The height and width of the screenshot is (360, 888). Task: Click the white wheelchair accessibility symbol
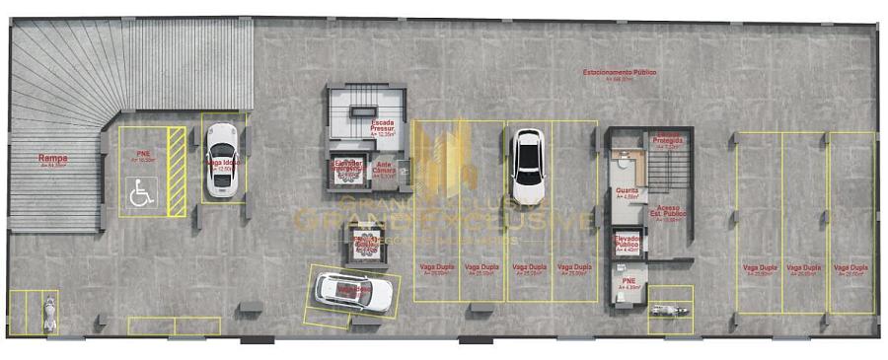[x=142, y=193]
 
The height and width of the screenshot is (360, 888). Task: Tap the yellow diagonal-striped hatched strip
[x=177, y=172]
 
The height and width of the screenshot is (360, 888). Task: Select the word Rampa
[x=53, y=158]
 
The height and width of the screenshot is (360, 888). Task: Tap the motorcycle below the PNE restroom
[x=671, y=311]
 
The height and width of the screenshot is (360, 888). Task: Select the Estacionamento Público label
[x=619, y=73]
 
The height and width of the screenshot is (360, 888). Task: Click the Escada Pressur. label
[x=382, y=126]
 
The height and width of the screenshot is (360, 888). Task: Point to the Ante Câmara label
[x=385, y=167]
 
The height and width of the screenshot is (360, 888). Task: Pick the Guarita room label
[x=627, y=191]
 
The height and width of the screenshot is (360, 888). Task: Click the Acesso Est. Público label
[x=670, y=211]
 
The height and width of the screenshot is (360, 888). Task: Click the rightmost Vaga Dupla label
[x=851, y=268]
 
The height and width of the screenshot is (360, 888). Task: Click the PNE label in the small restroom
[x=629, y=281]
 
